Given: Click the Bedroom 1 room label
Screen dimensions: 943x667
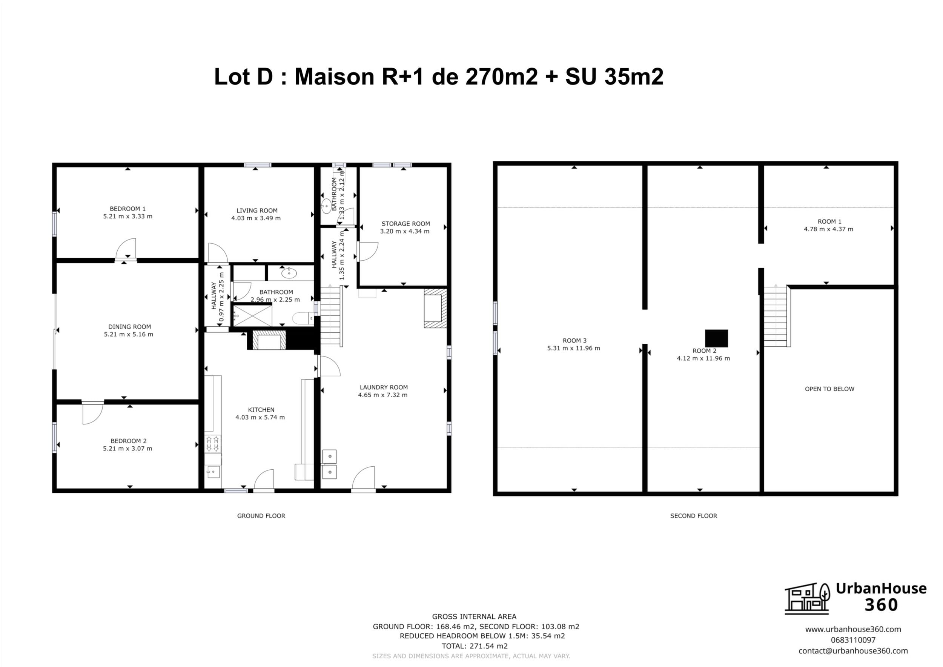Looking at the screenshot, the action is click(x=127, y=209).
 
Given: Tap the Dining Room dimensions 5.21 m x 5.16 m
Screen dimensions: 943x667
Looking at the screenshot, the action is click(x=129, y=334).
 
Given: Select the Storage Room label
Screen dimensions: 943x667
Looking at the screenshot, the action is click(x=406, y=223).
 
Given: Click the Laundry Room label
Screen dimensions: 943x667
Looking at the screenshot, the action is click(x=384, y=387).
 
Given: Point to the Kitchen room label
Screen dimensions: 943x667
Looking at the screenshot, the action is click(x=261, y=409).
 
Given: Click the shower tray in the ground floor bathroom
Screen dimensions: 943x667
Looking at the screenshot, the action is click(x=252, y=316).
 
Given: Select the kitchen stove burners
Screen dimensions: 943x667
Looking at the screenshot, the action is click(x=213, y=444).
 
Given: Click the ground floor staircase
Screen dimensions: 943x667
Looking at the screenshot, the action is click(x=331, y=315).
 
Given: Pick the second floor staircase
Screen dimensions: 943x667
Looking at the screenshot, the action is click(x=777, y=316).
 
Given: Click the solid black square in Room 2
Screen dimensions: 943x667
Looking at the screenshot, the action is click(x=716, y=338).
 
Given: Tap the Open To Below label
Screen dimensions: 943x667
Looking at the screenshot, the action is click(x=829, y=389).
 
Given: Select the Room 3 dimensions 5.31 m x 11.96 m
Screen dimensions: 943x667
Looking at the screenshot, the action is click(x=573, y=348).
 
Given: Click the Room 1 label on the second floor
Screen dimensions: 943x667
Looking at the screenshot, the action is click(x=829, y=221).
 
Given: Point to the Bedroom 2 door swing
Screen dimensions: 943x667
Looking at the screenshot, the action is click(x=92, y=413).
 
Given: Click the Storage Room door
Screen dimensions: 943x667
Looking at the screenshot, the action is click(x=368, y=251).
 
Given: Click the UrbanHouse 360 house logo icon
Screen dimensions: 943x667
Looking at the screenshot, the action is click(x=807, y=598).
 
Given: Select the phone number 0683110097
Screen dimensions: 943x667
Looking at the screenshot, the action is click(x=853, y=640).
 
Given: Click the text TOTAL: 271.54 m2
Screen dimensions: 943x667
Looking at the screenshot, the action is click(x=475, y=646).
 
